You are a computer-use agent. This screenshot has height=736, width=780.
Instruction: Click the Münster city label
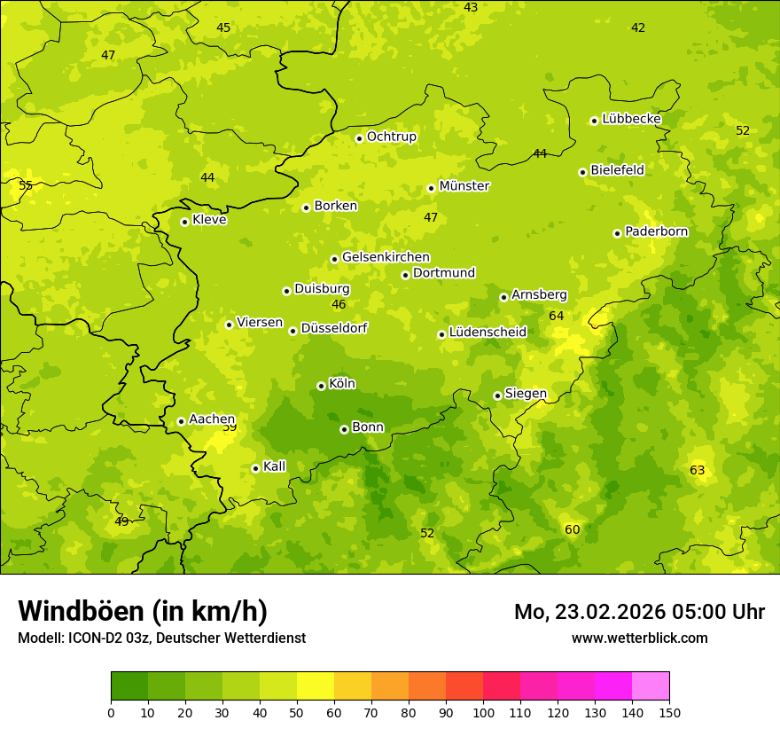464,186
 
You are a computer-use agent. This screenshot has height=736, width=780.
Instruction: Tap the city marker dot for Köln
321,386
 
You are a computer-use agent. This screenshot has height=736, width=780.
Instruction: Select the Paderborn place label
656,231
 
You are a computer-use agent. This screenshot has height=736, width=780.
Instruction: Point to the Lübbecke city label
631,119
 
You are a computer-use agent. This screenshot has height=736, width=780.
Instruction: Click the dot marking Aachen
181,421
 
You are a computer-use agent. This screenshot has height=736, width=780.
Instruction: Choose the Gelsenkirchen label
386,257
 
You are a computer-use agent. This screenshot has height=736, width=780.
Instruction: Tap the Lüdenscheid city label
487,333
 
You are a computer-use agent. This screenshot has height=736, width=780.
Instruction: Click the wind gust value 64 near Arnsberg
556,316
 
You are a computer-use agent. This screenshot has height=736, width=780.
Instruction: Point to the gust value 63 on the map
697,470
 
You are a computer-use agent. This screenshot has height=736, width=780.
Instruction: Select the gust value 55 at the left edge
26,185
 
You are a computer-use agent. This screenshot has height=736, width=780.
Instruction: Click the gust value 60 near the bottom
572,529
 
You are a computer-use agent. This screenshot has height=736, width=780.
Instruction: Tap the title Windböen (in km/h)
143,611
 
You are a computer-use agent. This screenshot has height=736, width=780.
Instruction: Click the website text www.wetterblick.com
639,638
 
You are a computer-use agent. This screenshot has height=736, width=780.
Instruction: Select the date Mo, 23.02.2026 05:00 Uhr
639,612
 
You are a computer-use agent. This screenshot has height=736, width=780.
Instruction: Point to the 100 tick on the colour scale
483,712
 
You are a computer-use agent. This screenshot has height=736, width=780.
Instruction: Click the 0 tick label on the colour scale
111,712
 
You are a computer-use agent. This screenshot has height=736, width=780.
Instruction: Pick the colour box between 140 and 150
651,686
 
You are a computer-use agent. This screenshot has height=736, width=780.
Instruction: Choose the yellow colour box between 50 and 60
316,686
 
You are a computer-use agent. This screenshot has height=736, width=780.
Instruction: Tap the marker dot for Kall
255,468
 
